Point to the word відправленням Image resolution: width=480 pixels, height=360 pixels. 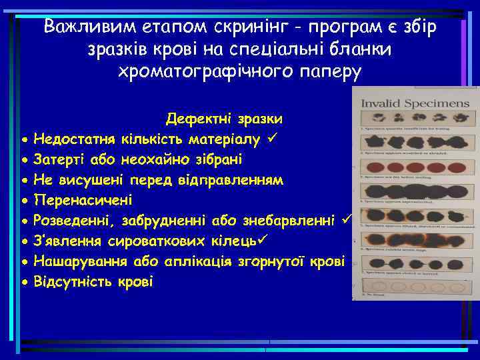point(237,180)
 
